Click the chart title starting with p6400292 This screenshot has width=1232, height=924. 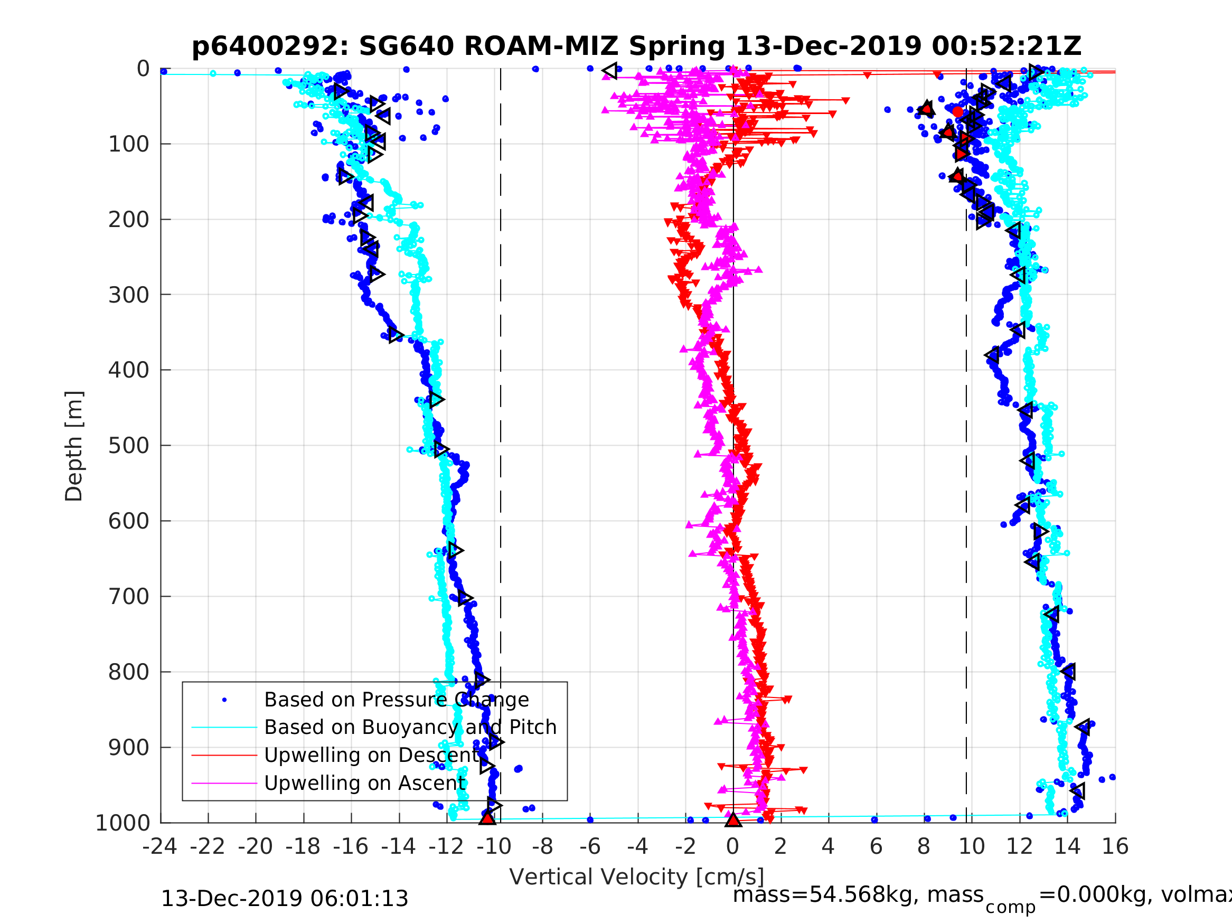click(x=637, y=46)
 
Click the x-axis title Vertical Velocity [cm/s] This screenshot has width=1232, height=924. click(x=637, y=877)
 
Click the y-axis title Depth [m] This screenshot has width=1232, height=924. click(x=74, y=446)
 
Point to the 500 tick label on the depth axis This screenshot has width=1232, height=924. click(x=129, y=446)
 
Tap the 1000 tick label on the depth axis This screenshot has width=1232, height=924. click(x=123, y=823)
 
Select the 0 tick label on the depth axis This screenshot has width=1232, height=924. click(x=143, y=69)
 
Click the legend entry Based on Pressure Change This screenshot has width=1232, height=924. click(x=396, y=700)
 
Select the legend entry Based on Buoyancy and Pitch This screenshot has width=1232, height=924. click(x=410, y=728)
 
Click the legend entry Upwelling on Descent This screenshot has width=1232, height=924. click(x=371, y=755)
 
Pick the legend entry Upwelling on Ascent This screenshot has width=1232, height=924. click(x=365, y=783)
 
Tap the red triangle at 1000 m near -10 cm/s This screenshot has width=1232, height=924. click(x=487, y=818)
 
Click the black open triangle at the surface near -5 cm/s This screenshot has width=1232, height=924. click(x=610, y=71)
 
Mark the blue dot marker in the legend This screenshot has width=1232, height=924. click(x=224, y=700)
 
